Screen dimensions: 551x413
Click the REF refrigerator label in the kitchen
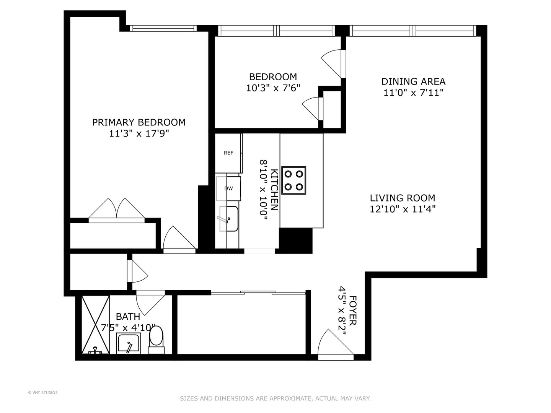pyautogui.click(x=228, y=153)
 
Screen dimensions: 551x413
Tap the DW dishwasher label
pyautogui.click(x=228, y=188)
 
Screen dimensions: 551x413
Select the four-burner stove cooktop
pyautogui.click(x=293, y=180)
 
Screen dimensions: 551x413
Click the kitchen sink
pyautogui.click(x=228, y=219)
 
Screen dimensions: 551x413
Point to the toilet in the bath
pyautogui.click(x=156, y=340)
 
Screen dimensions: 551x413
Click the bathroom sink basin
pyautogui.click(x=128, y=343)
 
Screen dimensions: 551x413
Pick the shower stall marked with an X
pyautogui.click(x=96, y=325)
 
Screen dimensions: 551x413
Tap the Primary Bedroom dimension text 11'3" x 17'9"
pyautogui.click(x=139, y=134)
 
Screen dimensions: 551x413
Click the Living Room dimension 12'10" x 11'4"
pyautogui.click(x=403, y=209)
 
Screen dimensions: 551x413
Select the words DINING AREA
pyautogui.click(x=413, y=81)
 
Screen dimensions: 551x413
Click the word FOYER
pyautogui.click(x=353, y=310)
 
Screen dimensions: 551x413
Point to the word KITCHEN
pyautogui.click(x=274, y=190)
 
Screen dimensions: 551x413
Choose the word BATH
pyautogui.click(x=128, y=317)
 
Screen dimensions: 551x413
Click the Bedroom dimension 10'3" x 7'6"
pyautogui.click(x=273, y=88)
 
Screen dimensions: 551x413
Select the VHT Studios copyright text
pyautogui.click(x=43, y=393)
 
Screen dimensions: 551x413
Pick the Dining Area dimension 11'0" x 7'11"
pyautogui.click(x=413, y=93)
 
